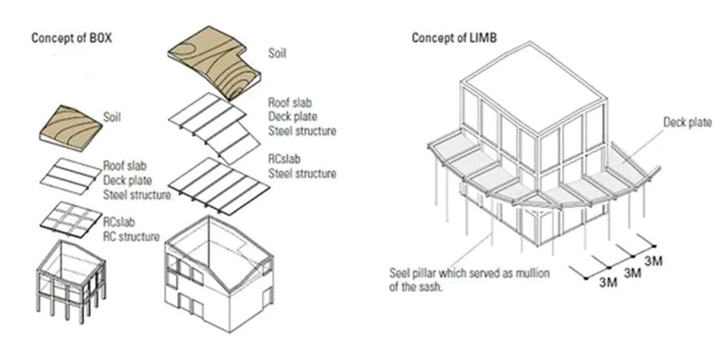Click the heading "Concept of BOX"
click(x=71, y=38)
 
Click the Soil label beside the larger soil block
click(x=277, y=53)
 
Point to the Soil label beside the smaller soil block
click(x=113, y=117)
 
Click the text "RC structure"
click(x=131, y=237)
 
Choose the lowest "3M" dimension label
click(x=608, y=282)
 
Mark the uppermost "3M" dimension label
click(x=653, y=261)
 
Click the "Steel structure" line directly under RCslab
click(x=302, y=174)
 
